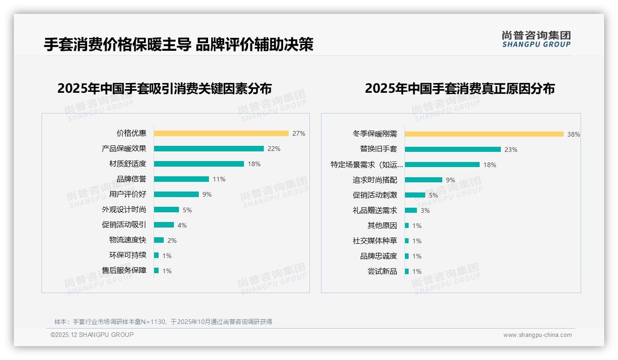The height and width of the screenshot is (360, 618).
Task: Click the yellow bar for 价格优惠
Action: click(x=221, y=133)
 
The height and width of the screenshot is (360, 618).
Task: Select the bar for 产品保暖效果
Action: click(x=208, y=149)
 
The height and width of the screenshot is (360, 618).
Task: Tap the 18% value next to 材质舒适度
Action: click(x=254, y=164)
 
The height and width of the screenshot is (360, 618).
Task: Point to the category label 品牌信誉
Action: click(x=131, y=179)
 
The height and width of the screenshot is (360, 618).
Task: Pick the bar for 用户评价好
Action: click(x=176, y=194)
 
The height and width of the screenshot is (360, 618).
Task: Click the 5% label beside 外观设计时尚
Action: click(x=187, y=210)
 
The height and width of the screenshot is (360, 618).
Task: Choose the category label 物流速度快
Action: click(x=127, y=240)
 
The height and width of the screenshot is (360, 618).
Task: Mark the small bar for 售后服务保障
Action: click(x=156, y=270)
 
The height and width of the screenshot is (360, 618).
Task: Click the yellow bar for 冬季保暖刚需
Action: click(x=484, y=134)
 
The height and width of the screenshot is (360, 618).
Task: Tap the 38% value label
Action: click(x=573, y=135)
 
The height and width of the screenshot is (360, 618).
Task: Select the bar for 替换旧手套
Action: click(x=452, y=150)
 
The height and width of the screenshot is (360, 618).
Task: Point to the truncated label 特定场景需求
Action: click(x=367, y=165)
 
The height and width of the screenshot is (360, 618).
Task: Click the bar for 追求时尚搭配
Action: click(x=423, y=180)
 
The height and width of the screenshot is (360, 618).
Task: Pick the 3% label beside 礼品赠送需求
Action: click(x=425, y=210)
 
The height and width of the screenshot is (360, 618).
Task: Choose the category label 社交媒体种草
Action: click(x=374, y=241)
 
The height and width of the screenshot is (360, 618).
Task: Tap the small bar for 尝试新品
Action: click(x=407, y=271)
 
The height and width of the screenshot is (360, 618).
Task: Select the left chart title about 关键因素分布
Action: click(x=164, y=88)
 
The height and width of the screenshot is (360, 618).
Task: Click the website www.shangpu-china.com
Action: click(x=537, y=335)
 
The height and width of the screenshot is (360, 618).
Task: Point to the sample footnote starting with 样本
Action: click(x=163, y=322)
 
